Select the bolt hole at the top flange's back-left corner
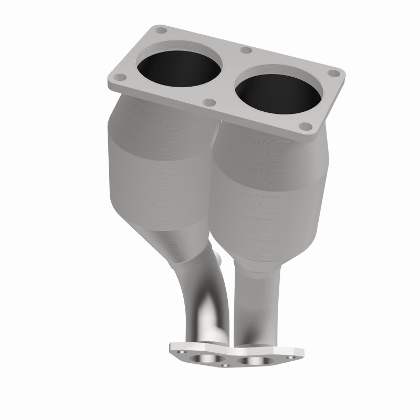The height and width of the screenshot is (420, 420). click(x=160, y=30)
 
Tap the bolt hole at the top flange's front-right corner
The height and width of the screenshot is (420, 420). click(x=303, y=127)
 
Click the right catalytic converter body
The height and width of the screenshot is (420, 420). click(x=268, y=199)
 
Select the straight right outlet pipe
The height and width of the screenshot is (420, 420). click(x=257, y=304)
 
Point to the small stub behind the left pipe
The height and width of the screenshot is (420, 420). click(x=220, y=260)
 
